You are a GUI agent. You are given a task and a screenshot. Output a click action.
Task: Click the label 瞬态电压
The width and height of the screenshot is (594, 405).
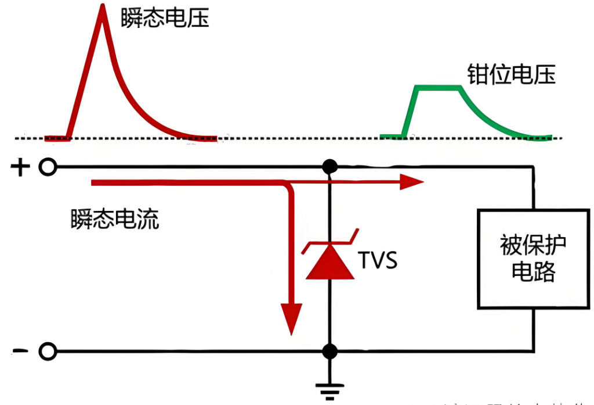coord(164,19)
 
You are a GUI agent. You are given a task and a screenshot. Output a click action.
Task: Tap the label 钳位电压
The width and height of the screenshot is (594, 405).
coord(511,74)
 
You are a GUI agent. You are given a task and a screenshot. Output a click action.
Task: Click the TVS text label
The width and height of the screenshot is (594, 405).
coord(378,261)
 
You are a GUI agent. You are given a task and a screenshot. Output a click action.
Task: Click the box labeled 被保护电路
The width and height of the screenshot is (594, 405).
coord(533,259)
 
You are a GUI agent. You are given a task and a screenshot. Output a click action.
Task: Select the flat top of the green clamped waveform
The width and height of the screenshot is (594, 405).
coord(438,88)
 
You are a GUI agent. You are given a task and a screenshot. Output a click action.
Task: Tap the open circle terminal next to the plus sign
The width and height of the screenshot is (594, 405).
coord(48,167)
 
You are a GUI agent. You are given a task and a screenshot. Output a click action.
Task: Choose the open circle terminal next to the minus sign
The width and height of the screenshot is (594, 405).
coord(48,352)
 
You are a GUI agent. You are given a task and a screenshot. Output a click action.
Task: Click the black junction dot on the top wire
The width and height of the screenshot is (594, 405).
coord(330,167)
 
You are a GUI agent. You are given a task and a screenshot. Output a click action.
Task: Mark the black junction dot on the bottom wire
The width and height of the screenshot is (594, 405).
coord(330,352)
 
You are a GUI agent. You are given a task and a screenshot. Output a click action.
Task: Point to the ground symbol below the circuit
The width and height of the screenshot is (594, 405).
coord(330,392)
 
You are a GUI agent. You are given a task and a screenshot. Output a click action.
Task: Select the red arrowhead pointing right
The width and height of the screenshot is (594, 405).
coord(414,182)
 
